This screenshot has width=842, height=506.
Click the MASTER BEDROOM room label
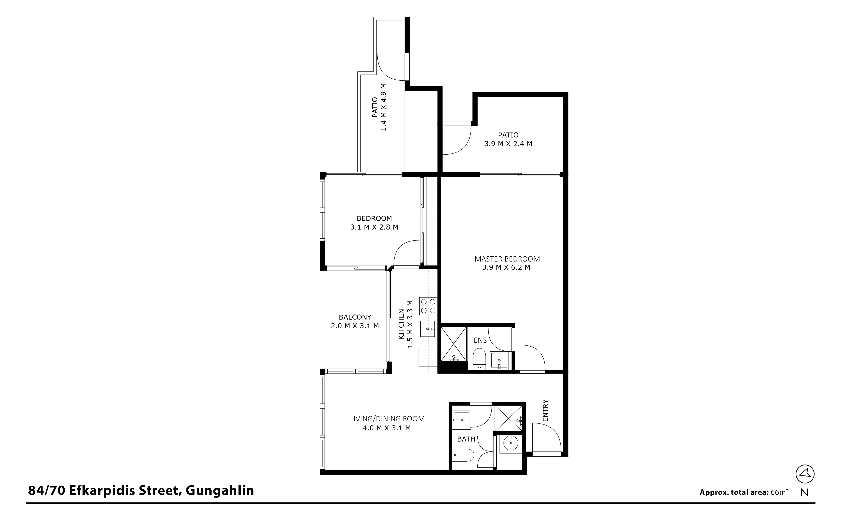click(x=507, y=259)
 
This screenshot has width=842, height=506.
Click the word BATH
click(x=466, y=439)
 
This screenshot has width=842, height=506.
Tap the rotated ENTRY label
click(x=545, y=411)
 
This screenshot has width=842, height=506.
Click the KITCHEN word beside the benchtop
click(x=401, y=324)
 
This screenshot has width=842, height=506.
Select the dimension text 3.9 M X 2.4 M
click(x=508, y=144)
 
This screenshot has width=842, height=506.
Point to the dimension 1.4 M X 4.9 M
click(x=384, y=107)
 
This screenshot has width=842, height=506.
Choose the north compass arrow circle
click(x=805, y=474)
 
